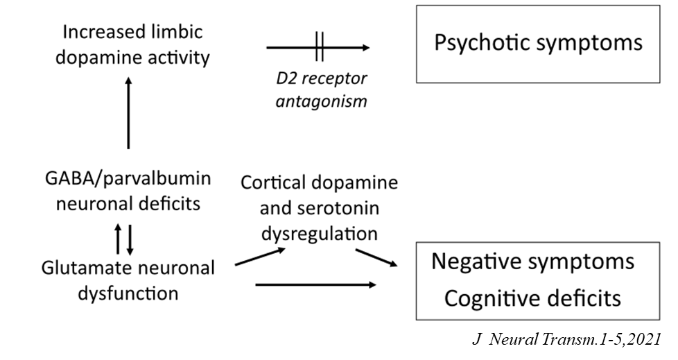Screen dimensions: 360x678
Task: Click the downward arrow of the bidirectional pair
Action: pyautogui.click(x=130, y=238)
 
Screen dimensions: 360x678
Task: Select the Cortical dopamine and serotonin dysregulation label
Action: pyautogui.click(x=319, y=209)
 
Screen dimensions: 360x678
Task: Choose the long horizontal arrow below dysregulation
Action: pyautogui.click(x=315, y=284)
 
